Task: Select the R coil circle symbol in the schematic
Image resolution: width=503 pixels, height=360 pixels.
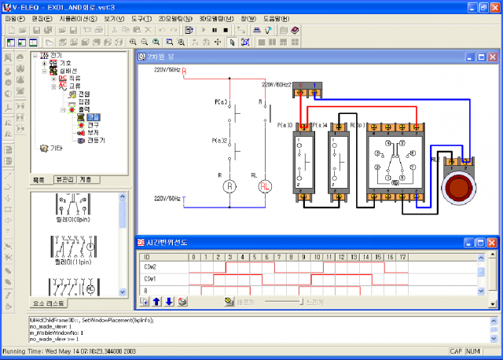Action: click(229, 186)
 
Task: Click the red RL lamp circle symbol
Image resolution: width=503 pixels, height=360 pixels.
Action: click(264, 186)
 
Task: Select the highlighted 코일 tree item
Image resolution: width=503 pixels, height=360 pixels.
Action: click(94, 116)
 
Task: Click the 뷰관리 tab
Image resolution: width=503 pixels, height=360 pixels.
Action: click(64, 180)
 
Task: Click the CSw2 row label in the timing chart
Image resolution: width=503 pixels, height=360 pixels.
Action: click(149, 266)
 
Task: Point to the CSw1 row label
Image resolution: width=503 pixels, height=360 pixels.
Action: click(149, 278)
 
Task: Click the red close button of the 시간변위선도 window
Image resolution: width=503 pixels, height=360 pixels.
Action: click(491, 243)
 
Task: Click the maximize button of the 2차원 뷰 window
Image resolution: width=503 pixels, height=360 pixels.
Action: click(479, 58)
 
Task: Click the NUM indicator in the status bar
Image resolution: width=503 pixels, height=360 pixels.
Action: click(474, 351)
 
